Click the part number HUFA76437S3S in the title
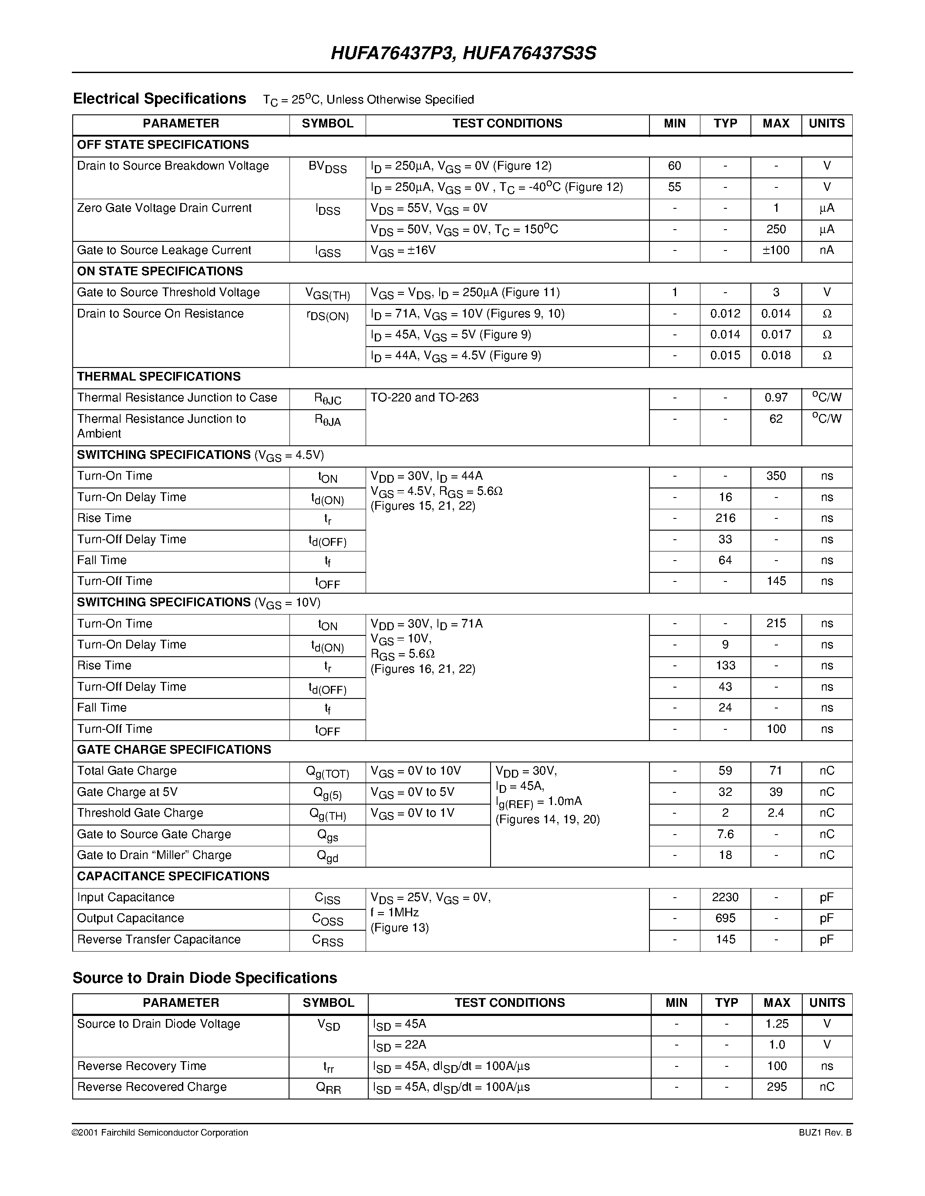[529, 53]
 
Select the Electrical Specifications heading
[159, 99]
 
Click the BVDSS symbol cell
[328, 167]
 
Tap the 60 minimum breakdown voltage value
[675, 166]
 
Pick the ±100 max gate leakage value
[776, 250]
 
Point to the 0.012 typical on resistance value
[725, 314]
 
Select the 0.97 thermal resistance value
[776, 398]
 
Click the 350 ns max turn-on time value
[776, 476]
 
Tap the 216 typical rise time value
[725, 518]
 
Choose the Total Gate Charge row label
[127, 771]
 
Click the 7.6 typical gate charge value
[725, 834]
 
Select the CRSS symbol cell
[328, 940]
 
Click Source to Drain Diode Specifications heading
[205, 978]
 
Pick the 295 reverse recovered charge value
[777, 1086]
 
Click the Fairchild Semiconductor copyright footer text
[160, 1133]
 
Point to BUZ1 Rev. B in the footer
[825, 1133]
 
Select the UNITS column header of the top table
[826, 124]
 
